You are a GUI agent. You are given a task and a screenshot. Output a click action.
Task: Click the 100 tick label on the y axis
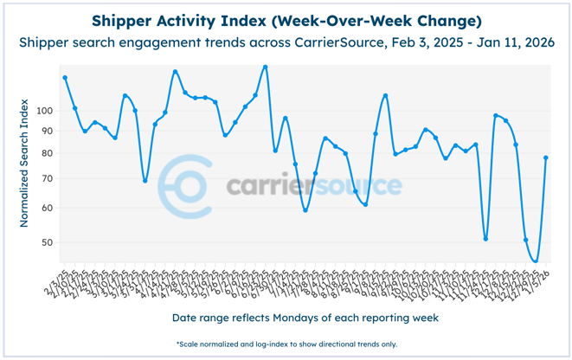[x=44, y=111]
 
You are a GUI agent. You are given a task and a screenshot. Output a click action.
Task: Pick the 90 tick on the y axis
[x=47, y=131]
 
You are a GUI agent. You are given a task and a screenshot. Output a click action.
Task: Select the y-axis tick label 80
[x=47, y=153]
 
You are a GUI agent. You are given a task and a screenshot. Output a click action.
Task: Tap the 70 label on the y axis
[x=47, y=178]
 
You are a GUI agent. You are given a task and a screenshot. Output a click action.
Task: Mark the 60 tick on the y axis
[x=47, y=208]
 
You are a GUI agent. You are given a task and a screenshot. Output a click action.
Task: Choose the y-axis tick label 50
[x=47, y=242]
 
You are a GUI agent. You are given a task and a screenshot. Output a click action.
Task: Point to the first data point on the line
[x=65, y=78]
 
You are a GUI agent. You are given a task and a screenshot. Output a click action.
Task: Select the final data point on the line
[x=546, y=157]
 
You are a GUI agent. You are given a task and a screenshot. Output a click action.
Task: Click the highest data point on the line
[x=265, y=67]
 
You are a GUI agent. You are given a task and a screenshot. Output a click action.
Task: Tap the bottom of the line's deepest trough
[x=536, y=261]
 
